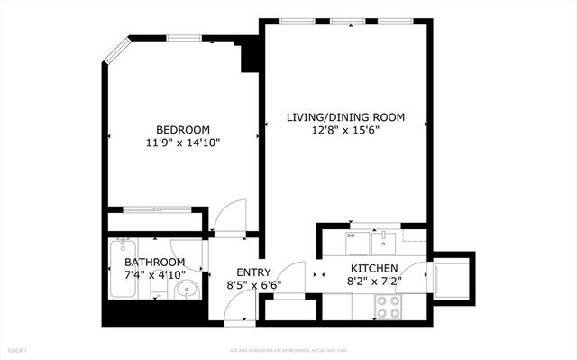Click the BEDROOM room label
[x=183, y=129]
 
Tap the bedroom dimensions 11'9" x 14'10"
[x=183, y=143]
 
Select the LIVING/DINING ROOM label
[x=345, y=117]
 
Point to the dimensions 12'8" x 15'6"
[x=345, y=131]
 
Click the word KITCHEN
[x=374, y=268]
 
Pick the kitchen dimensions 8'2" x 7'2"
[x=374, y=282]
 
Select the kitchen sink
[x=385, y=240]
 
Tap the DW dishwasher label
[x=351, y=236]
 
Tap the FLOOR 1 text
[x=17, y=350]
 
